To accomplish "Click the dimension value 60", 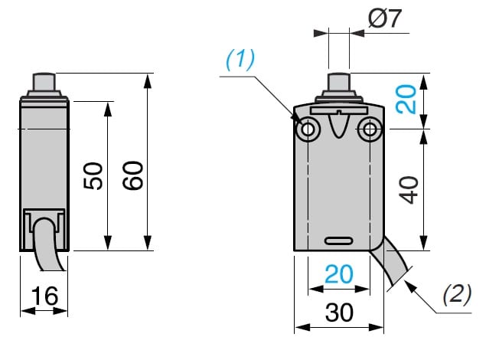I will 133,178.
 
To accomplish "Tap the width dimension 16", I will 44,294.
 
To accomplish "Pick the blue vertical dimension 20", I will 411,100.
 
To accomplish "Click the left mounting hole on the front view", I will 309,129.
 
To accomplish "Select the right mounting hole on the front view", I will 371,129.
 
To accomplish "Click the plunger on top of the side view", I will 43,81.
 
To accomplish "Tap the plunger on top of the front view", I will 339,82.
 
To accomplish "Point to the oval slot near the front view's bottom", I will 339,241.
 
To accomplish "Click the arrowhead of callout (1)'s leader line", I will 301,119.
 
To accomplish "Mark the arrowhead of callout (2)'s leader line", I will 406,281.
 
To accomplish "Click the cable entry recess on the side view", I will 44,218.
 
